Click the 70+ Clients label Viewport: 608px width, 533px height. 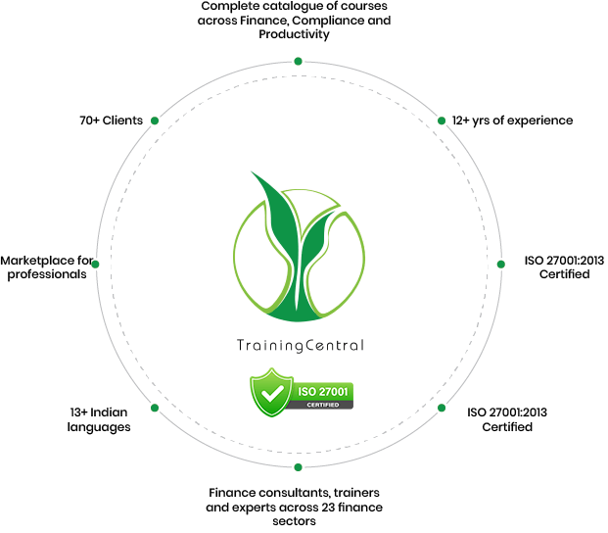pos(112,121)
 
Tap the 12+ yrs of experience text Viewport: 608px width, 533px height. pos(512,121)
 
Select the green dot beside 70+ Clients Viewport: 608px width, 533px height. pos(155,121)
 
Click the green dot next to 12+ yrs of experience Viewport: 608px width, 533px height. pos(442,121)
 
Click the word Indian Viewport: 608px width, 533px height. pos(109,412)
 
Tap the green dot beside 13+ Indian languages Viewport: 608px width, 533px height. pos(155,408)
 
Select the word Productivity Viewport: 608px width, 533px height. pos(294,34)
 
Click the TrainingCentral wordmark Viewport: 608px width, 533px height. pos(301,345)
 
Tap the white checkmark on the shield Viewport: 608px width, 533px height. pos(272,394)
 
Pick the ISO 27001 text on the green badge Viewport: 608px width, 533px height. pos(323,392)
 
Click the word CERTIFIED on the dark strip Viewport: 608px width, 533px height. pos(323,405)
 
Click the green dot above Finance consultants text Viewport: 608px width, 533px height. pos(299,467)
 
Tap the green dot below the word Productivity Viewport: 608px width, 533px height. pos(299,62)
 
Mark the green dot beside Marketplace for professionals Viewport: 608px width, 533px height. pos(95,265)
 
